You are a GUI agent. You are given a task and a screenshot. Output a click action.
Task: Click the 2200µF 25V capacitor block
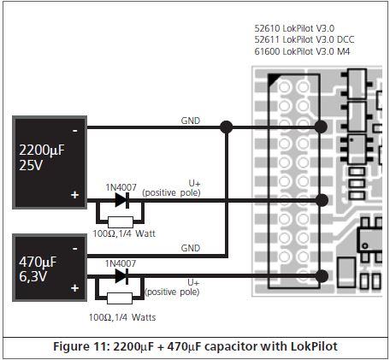coord(50,162)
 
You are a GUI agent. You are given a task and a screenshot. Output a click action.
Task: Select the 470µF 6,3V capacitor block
coord(50,268)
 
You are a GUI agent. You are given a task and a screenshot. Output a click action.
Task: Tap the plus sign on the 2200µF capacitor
coord(74,195)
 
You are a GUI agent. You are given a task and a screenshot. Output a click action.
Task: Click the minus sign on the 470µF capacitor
coord(74,249)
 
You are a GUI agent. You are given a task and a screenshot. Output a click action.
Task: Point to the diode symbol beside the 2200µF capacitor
coord(122,200)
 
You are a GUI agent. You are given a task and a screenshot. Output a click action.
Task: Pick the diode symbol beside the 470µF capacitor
coord(121,276)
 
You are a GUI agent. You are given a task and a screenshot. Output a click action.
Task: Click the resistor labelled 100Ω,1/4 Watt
coord(121,222)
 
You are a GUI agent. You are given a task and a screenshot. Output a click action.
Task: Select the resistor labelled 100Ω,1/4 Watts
coord(120,298)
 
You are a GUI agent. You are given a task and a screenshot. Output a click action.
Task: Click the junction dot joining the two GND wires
coord(227,127)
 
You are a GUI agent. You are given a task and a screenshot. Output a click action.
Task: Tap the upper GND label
coord(191,121)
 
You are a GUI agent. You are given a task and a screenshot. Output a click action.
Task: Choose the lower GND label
coord(191,248)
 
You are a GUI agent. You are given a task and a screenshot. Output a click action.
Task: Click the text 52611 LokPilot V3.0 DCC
coord(304,39)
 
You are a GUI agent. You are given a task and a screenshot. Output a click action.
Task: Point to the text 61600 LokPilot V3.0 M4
coord(302,51)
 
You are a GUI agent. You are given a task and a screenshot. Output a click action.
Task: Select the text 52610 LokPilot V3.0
coord(294,28)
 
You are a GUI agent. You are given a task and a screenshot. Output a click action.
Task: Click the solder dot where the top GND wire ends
coord(321,127)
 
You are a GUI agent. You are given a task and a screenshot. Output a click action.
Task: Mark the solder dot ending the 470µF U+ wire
coord(322,276)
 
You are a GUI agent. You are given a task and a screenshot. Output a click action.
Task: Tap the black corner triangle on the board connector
coord(273,79)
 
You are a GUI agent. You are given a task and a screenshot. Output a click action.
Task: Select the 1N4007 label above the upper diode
coord(121,187)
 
